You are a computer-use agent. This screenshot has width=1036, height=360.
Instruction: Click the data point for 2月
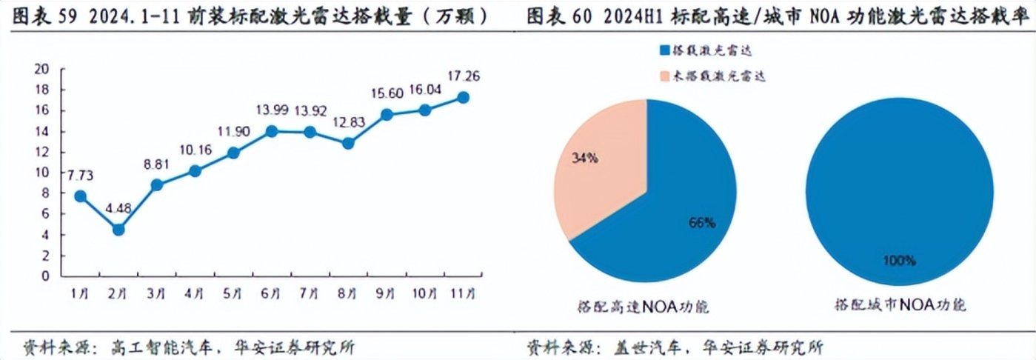coord(118,230)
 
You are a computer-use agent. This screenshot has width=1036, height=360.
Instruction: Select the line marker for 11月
coord(463,98)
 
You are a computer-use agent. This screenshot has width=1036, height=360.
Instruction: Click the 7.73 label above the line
coord(80,176)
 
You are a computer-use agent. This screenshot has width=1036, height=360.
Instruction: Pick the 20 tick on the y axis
coord(43,70)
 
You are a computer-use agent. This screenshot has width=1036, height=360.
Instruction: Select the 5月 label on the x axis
coord(233,294)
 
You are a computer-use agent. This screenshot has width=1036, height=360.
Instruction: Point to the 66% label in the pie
coord(701,223)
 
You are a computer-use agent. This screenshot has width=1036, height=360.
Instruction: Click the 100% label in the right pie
coord(899,261)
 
